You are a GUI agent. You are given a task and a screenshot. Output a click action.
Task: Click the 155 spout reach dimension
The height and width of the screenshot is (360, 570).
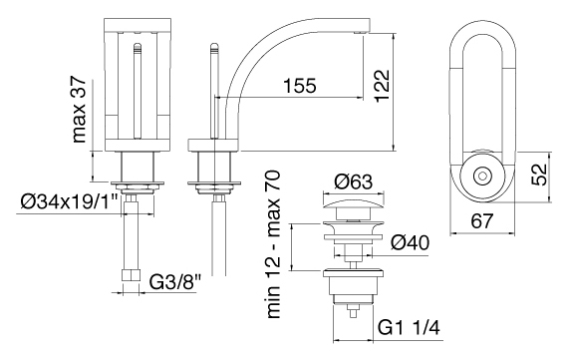pyautogui.click(x=300, y=86)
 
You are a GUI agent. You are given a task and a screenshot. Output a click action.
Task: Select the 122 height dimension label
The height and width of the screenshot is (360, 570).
pyautogui.click(x=382, y=86)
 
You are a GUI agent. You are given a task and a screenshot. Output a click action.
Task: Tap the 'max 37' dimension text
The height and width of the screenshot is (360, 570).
pyautogui.click(x=79, y=110)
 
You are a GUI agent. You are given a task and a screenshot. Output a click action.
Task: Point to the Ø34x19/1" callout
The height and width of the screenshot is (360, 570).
pyautogui.click(x=69, y=202)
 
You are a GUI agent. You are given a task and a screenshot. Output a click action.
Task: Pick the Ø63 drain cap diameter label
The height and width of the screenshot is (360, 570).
pyautogui.click(x=354, y=181)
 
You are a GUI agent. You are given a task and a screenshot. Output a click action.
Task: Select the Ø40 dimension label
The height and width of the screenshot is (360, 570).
pyautogui.click(x=410, y=242)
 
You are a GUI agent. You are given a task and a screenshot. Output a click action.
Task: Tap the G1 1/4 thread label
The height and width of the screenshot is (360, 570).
pyautogui.click(x=409, y=328)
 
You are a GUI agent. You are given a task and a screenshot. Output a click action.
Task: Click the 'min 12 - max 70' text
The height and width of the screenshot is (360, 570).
pyautogui.click(x=273, y=244)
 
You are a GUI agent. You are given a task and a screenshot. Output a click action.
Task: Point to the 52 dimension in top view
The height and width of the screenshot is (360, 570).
pyautogui.click(x=539, y=175)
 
